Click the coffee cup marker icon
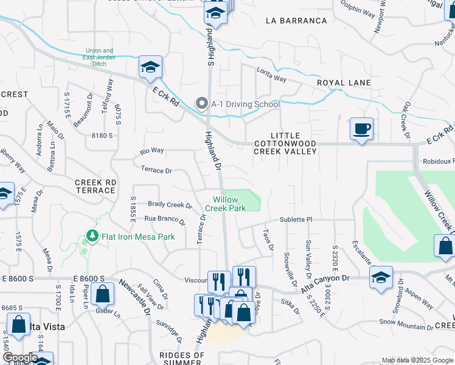click(x=361, y=129)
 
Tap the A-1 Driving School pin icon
click(x=201, y=104)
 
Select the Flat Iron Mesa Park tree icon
click(x=92, y=235)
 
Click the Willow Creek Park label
click(x=225, y=204)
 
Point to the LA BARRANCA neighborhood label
click(x=296, y=21)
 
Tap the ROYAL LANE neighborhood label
click(x=338, y=83)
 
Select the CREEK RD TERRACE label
click(x=95, y=186)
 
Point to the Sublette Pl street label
click(x=296, y=220)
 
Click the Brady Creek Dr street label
click(x=170, y=205)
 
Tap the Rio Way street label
click(x=152, y=150)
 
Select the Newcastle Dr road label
click(x=134, y=297)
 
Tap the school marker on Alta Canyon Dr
click(x=381, y=278)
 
